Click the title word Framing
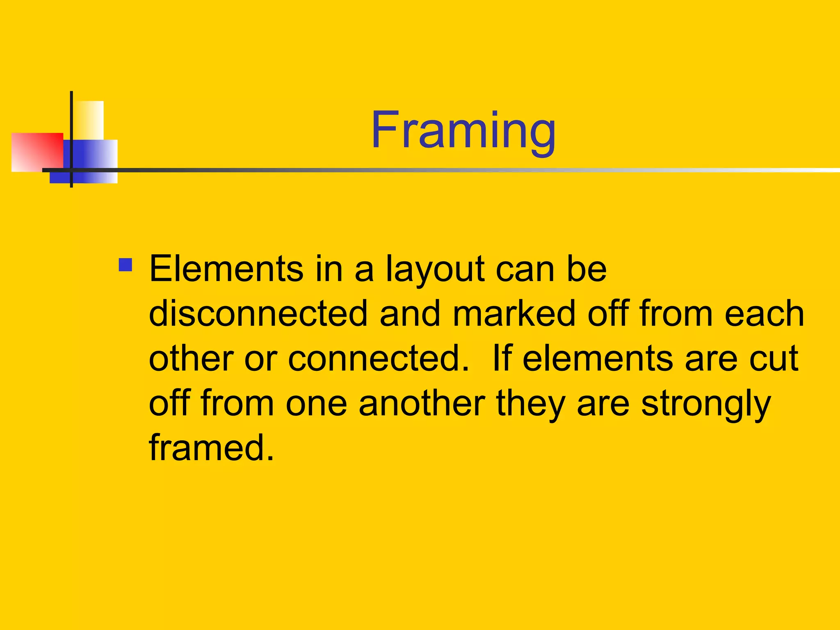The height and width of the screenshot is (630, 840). click(463, 130)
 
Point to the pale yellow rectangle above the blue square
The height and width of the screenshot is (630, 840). click(89, 120)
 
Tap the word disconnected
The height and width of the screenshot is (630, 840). click(258, 314)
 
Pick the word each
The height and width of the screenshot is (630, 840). click(764, 314)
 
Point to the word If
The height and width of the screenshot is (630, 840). click(501, 358)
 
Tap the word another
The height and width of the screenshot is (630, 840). click(422, 403)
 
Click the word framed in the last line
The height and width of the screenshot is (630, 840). click(211, 447)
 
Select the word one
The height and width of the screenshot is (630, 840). click(316, 404)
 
